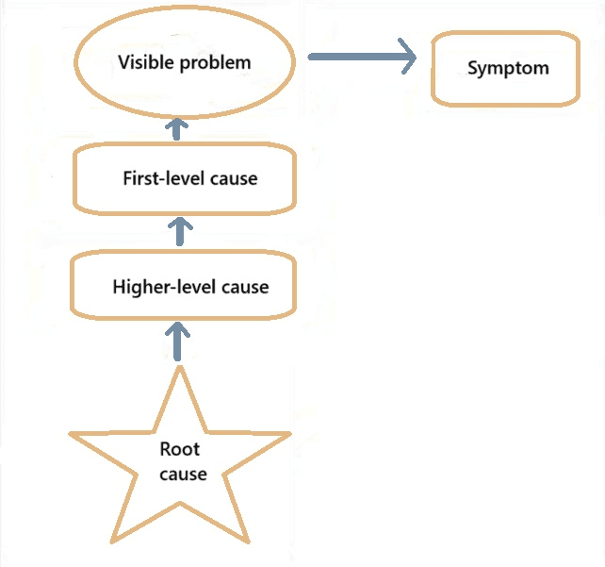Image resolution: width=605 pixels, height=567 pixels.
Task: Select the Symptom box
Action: (506, 68)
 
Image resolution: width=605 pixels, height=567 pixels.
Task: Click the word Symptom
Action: (508, 68)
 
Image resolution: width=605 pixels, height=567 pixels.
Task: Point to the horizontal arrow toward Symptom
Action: (362, 58)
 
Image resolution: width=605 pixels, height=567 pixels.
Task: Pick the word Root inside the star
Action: (180, 449)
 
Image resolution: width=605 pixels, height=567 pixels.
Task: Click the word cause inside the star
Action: (182, 474)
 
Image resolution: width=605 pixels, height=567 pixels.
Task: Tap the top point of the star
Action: (179, 370)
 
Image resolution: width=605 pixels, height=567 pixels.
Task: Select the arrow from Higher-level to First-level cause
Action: (179, 229)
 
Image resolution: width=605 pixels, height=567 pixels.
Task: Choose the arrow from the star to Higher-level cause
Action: (177, 341)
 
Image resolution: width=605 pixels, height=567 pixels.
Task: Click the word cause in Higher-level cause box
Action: (245, 287)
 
